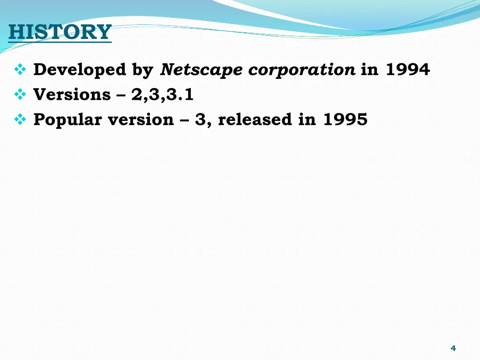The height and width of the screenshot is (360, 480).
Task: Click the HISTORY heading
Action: [60, 32]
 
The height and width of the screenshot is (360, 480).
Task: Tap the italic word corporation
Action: [301, 70]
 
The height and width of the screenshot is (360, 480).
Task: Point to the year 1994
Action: [407, 70]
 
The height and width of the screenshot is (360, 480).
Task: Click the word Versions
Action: [72, 95]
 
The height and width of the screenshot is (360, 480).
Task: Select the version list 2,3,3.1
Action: [163, 95]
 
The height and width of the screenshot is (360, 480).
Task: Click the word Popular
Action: [67, 120]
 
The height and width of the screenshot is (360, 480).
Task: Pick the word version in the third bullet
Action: [141, 120]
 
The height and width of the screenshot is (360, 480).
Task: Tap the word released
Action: [255, 120]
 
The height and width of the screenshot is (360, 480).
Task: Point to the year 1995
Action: [345, 120]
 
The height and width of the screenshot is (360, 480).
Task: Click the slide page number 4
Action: [453, 348]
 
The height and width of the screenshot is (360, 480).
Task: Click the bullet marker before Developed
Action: [20, 70]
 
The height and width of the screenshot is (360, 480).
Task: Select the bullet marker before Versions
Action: [20, 95]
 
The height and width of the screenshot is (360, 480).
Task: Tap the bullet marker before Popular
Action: [20, 120]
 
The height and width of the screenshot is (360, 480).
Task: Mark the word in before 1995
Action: [307, 120]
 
